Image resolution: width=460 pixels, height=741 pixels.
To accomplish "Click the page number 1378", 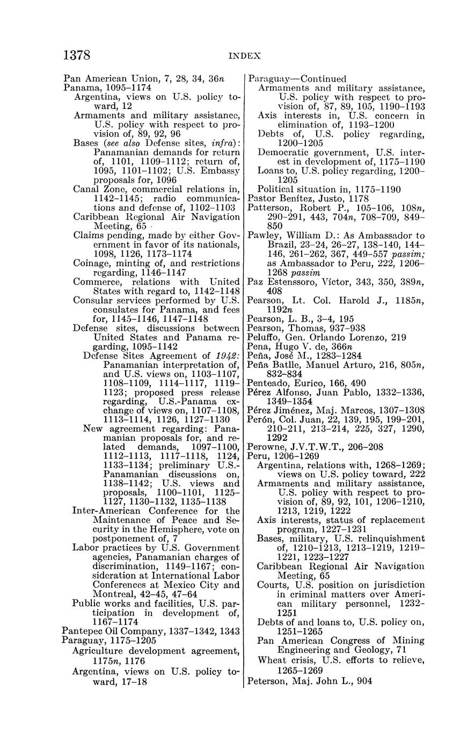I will (x=77, y=55).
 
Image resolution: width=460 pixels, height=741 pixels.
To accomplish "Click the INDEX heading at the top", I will (x=244, y=55).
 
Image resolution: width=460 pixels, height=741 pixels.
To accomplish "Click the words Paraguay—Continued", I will (x=297, y=79).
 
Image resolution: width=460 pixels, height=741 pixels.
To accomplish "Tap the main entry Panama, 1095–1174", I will (x=107, y=88).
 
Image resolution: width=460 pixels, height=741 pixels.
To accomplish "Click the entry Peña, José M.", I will (x=304, y=355).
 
